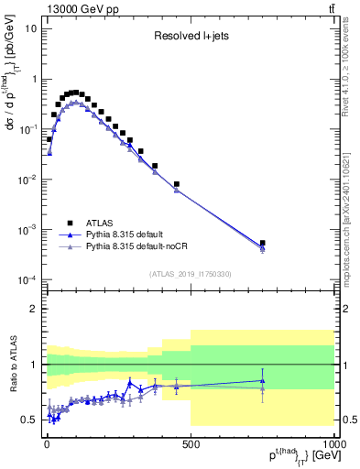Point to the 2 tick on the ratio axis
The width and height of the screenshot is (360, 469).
33,309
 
